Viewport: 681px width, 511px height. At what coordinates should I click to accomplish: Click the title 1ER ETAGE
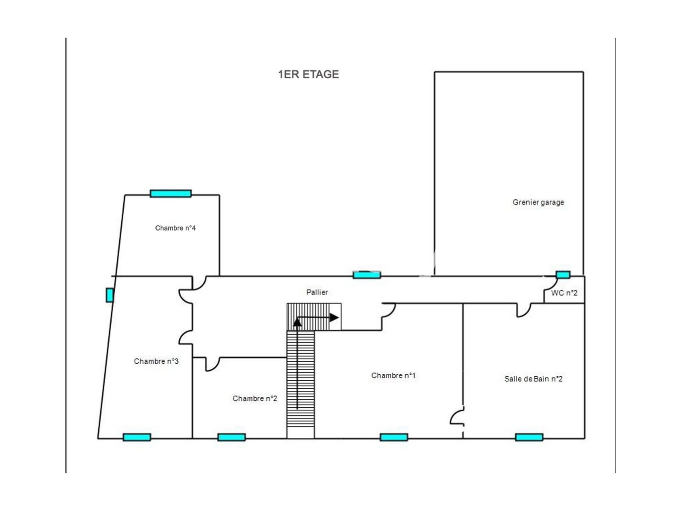(308, 74)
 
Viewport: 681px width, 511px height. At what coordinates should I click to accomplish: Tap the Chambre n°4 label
(175, 228)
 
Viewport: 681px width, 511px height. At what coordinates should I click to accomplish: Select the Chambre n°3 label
(156, 361)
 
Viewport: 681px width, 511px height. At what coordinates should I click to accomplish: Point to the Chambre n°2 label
(255, 398)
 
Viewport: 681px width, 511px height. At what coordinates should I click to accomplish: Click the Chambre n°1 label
(394, 375)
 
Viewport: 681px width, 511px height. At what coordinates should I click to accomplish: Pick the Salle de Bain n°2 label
(533, 379)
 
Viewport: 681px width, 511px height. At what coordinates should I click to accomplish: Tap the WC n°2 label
(564, 293)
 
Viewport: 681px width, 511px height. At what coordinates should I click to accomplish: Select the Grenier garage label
(538, 202)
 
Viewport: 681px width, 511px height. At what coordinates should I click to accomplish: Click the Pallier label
(317, 292)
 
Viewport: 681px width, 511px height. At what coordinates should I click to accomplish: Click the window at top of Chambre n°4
(171, 193)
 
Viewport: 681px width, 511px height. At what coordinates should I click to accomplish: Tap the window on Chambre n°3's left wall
(109, 295)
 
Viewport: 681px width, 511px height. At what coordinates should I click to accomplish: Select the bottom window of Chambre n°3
(137, 437)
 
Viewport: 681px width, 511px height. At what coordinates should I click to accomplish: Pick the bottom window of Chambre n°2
(231, 437)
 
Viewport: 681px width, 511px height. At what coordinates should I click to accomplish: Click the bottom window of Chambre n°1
(394, 437)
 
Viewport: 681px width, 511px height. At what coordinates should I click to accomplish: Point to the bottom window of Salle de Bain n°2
(529, 437)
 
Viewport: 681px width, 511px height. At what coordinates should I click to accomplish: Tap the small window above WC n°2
(563, 275)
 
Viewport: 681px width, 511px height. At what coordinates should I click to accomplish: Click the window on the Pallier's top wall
(367, 275)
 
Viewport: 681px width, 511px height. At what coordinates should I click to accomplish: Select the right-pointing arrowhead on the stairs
(334, 318)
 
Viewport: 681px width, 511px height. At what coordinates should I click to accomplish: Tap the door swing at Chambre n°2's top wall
(212, 364)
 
